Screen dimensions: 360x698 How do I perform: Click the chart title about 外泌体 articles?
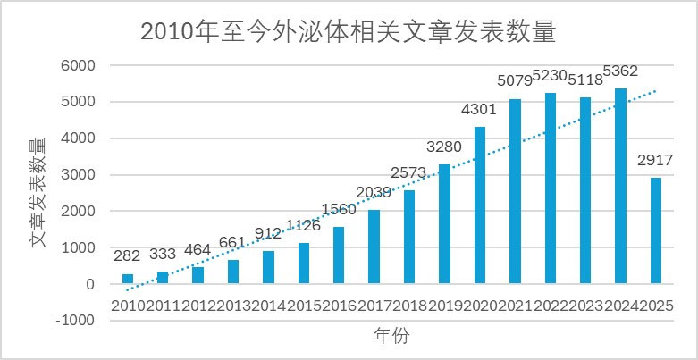point(349,32)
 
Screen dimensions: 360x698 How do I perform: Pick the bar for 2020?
point(480,205)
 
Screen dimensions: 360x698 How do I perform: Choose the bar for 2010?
point(128,279)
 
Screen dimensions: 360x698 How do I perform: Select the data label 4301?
point(480,111)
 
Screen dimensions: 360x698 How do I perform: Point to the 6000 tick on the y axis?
point(79,65)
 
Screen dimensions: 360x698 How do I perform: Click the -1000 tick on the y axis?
point(77,321)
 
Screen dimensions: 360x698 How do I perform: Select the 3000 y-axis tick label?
point(79,175)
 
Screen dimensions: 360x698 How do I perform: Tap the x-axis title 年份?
point(391,336)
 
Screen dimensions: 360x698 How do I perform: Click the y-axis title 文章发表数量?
point(37,193)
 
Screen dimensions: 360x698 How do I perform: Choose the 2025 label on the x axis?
point(658,306)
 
